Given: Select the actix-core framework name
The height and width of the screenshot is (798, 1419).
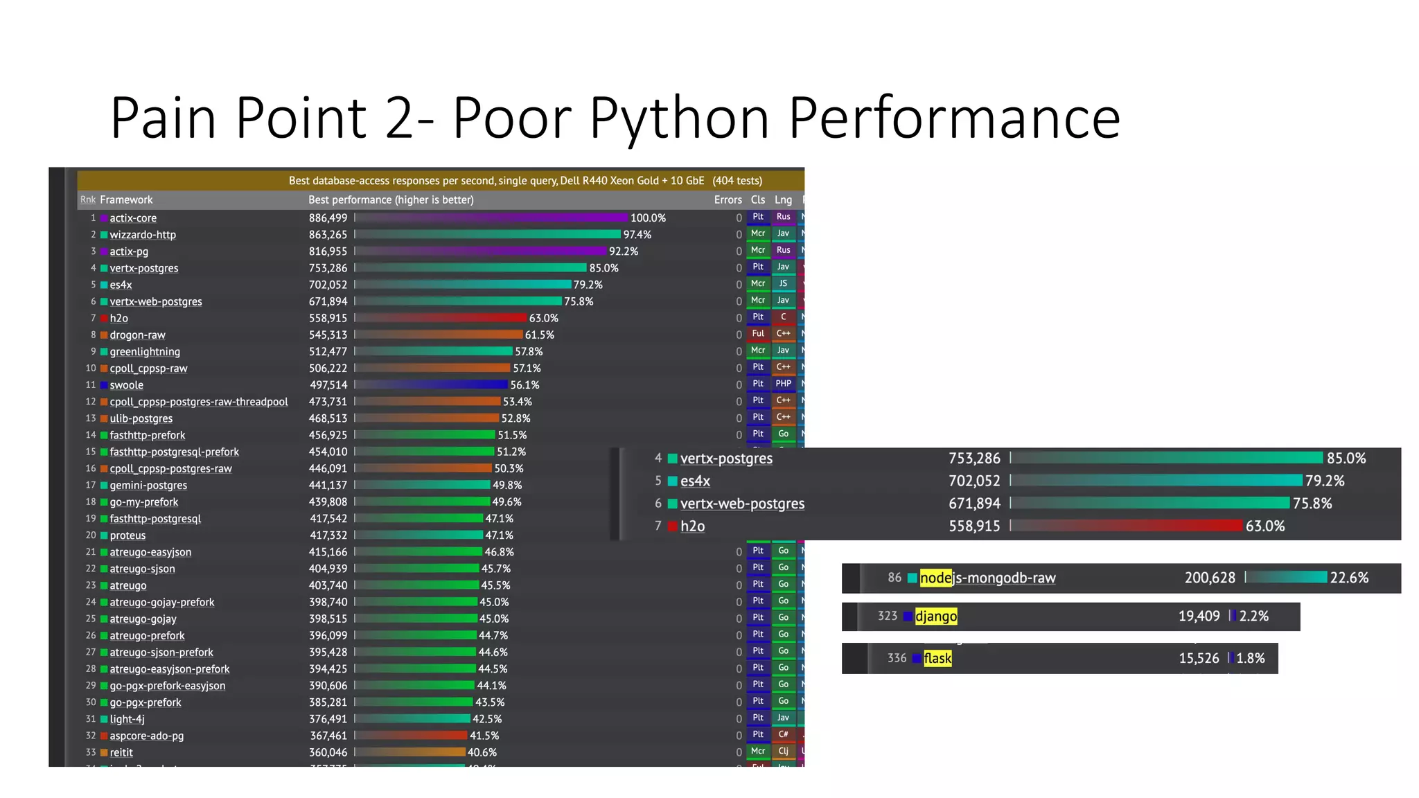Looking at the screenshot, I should (x=133, y=218).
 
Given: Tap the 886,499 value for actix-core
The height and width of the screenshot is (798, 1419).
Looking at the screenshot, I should (x=328, y=218).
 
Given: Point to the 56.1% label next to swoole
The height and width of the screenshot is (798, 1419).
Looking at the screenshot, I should (x=525, y=385).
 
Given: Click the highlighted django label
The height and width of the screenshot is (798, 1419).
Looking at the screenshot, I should (x=936, y=617).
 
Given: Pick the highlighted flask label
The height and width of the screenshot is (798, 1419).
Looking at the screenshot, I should (x=937, y=659).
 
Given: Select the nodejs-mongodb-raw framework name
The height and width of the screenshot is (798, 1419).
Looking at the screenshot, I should (x=987, y=578).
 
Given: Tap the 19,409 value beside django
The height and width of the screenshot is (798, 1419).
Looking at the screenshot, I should (x=1199, y=617).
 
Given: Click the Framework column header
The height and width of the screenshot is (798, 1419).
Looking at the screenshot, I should (x=126, y=200).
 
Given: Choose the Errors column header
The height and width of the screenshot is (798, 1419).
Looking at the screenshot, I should (x=728, y=200).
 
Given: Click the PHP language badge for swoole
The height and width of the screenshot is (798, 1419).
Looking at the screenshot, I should (x=783, y=384).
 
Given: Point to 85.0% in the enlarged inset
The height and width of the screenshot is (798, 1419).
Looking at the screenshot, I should (x=1346, y=459).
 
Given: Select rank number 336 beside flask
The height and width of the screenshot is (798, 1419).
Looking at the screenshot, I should (x=897, y=658).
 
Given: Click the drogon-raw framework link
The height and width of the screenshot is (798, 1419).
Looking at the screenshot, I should (x=137, y=335).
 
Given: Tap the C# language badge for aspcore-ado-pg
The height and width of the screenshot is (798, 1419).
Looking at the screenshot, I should (x=783, y=734).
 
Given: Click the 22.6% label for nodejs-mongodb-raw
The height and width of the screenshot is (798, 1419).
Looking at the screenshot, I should (x=1348, y=578).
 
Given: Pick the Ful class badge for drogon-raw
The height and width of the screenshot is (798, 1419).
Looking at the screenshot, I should (x=758, y=334).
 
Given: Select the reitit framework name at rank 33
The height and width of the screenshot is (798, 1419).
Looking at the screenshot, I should (x=121, y=753).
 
